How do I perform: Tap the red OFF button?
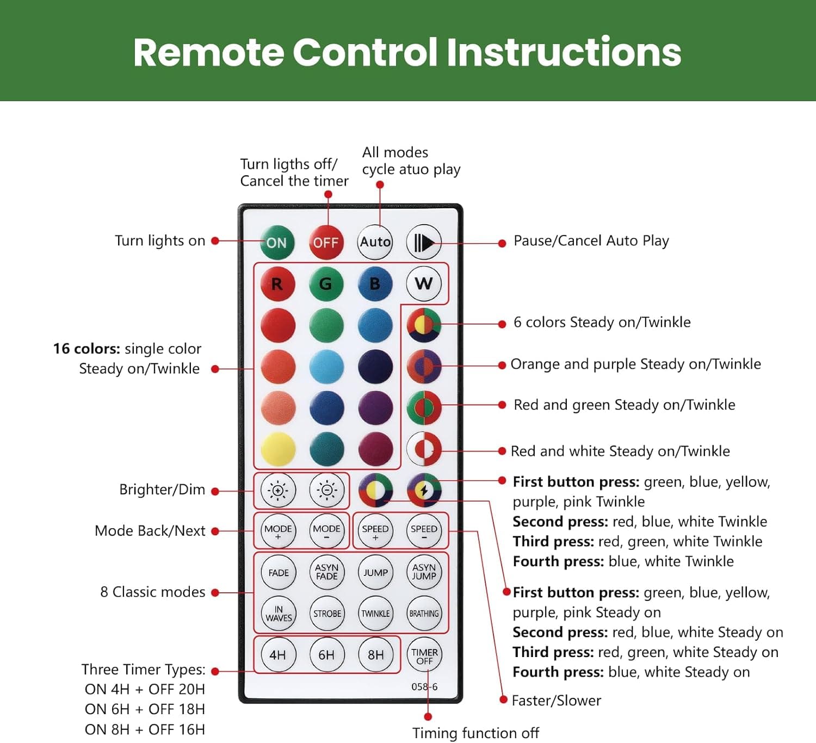[326, 243]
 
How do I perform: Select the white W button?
[424, 283]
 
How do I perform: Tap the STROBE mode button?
[326, 613]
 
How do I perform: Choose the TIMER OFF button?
[424, 655]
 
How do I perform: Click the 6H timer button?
[326, 655]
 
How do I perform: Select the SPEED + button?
[375, 531]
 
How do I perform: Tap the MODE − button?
[326, 531]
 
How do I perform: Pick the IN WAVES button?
[278, 613]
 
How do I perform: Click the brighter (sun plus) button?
[278, 490]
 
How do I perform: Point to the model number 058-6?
[424, 687]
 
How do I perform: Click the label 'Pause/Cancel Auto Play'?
[591, 241]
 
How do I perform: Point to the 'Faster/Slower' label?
[556, 700]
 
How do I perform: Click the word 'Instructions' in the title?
[564, 52]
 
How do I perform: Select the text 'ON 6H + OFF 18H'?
[144, 709]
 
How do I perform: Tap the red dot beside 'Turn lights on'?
[215, 241]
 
